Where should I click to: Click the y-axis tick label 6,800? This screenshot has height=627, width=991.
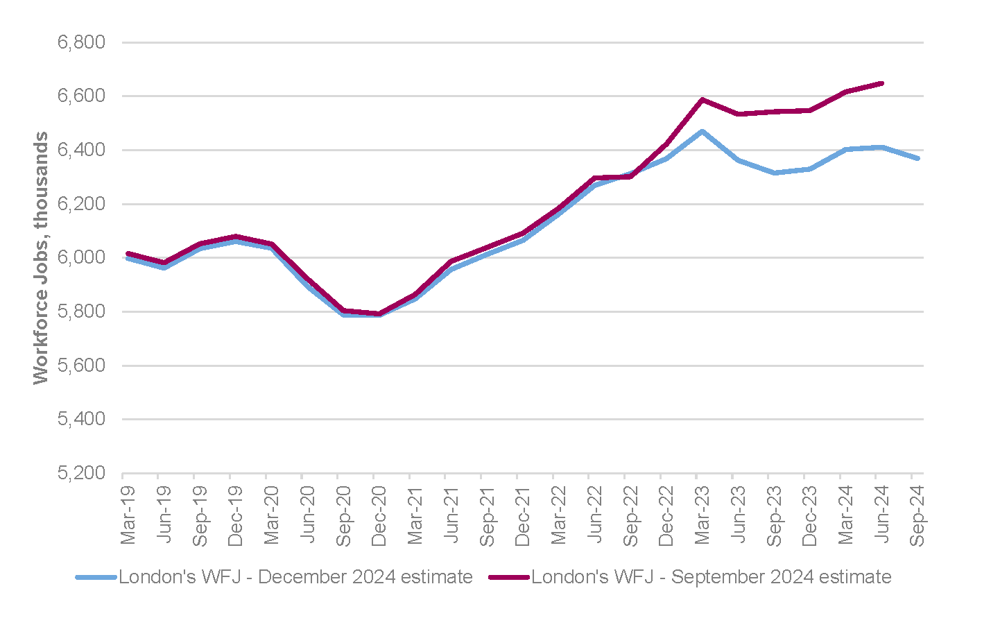[81, 43]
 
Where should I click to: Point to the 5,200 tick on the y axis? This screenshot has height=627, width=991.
[81, 474]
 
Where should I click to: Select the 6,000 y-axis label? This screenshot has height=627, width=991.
[81, 258]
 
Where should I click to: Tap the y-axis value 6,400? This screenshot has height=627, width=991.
[81, 151]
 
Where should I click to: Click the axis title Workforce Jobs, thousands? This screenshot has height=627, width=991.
[42, 258]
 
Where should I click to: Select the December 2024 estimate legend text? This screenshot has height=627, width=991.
[295, 577]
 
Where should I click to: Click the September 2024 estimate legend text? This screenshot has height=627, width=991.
[711, 577]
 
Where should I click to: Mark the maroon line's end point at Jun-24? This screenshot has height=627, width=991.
[882, 83]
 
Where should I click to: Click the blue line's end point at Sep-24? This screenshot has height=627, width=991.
[918, 158]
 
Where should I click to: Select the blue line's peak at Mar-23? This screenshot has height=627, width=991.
[703, 131]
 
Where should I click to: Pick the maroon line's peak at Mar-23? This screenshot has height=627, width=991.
[703, 100]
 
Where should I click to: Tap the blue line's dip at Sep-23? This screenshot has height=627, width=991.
[775, 173]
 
